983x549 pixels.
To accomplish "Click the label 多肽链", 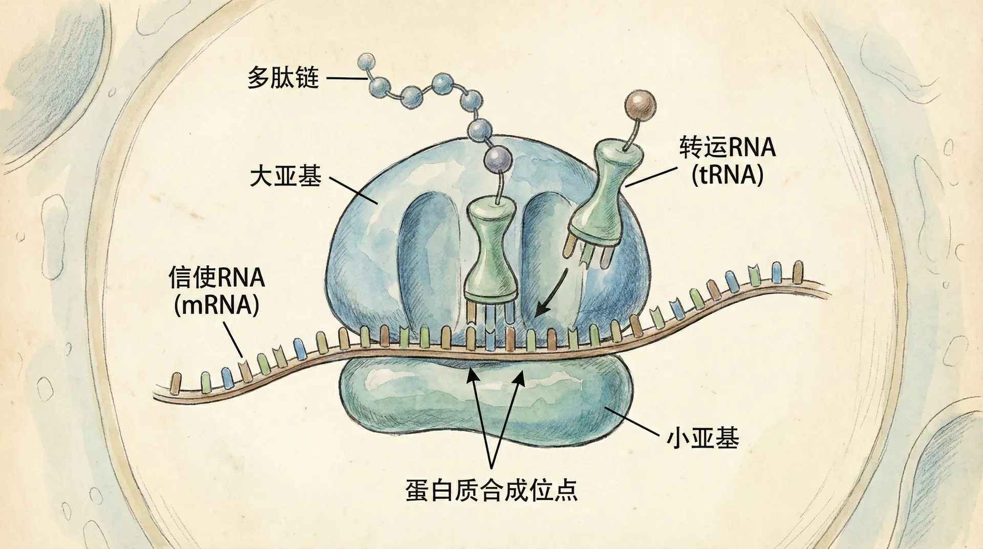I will [283, 78].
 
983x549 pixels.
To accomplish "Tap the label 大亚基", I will [286, 177].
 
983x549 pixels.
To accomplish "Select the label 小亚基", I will [702, 439].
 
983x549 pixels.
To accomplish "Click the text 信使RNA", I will [217, 278].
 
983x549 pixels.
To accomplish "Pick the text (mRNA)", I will [217, 305].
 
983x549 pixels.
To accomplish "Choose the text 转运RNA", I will [727, 147].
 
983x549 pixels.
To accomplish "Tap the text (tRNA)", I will [727, 175].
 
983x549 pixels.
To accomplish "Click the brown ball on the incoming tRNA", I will [640, 104].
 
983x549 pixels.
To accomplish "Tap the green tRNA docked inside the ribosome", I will [490, 256].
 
